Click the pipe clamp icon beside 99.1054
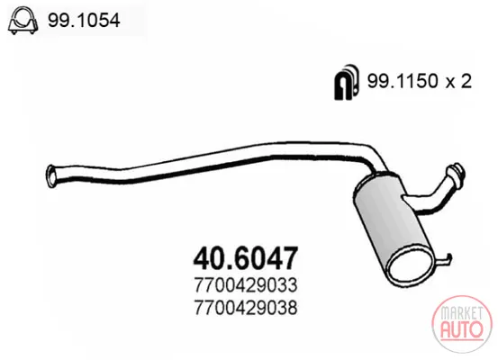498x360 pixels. [x=23, y=21]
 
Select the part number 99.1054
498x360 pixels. [x=84, y=21]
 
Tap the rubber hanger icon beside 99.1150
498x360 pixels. [x=347, y=82]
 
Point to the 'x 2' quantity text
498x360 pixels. [x=458, y=81]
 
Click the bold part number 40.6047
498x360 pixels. [x=246, y=257]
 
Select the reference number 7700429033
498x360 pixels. [x=246, y=284]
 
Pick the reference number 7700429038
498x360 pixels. [x=246, y=308]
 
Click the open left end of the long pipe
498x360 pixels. [x=50, y=175]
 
